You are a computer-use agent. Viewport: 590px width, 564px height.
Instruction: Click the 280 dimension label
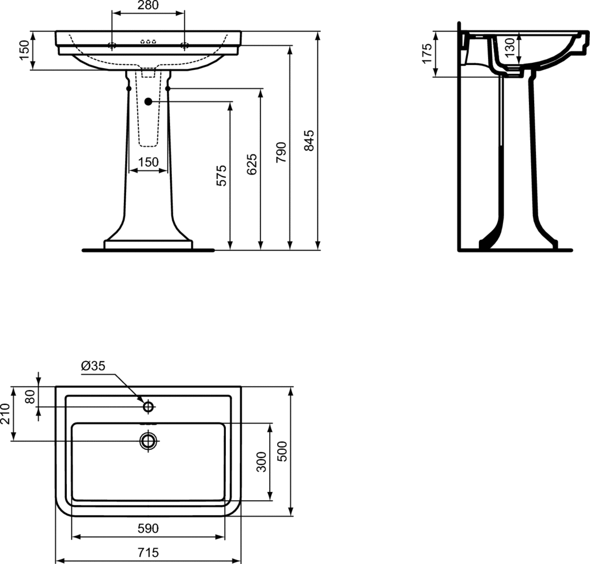coord(148,5)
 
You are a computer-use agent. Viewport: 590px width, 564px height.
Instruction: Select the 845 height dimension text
coord(309,141)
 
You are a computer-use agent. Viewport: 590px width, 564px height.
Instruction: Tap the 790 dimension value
coord(281,153)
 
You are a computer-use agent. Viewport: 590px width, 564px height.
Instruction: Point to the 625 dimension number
coord(252,164)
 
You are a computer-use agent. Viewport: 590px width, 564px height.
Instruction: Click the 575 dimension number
coord(221,175)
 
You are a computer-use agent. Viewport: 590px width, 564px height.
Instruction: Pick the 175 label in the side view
coord(427,54)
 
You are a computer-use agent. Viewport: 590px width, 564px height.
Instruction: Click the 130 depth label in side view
coord(509,47)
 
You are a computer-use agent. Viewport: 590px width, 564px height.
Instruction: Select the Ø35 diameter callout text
coord(93,366)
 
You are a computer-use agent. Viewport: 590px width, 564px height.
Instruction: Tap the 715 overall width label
coord(148,552)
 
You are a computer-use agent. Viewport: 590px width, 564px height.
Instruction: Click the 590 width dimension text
coord(148,528)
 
